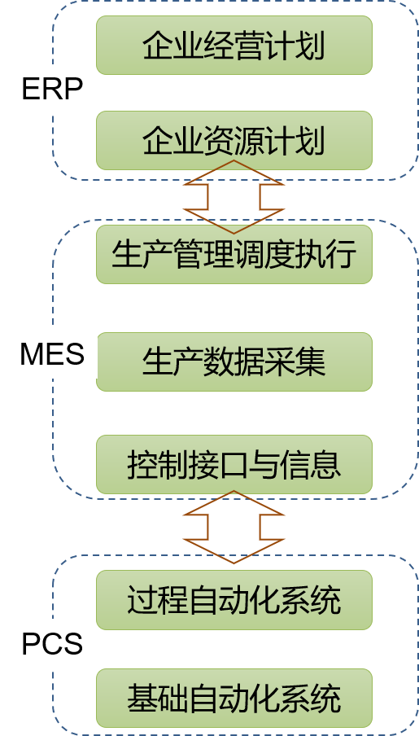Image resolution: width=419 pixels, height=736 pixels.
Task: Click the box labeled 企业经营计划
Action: [234, 45]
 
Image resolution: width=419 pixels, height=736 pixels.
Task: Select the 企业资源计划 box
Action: [234, 140]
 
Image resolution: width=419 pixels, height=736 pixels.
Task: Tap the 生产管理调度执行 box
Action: [234, 254]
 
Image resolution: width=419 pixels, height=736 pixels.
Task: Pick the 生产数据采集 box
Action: [234, 362]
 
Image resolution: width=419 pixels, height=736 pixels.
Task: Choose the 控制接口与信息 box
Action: [234, 465]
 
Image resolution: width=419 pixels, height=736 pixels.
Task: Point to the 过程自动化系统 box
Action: [234, 600]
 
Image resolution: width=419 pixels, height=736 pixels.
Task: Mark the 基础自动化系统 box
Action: [234, 699]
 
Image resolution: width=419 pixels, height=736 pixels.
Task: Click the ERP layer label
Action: [52, 89]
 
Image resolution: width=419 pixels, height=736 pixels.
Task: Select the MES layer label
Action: [52, 354]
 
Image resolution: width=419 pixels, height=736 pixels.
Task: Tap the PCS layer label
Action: [52, 644]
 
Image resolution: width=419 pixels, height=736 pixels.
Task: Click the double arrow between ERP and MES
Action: [234, 197]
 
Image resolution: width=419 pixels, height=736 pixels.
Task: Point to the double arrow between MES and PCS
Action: [234, 527]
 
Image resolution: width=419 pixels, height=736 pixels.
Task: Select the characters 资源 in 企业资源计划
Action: [234, 141]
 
